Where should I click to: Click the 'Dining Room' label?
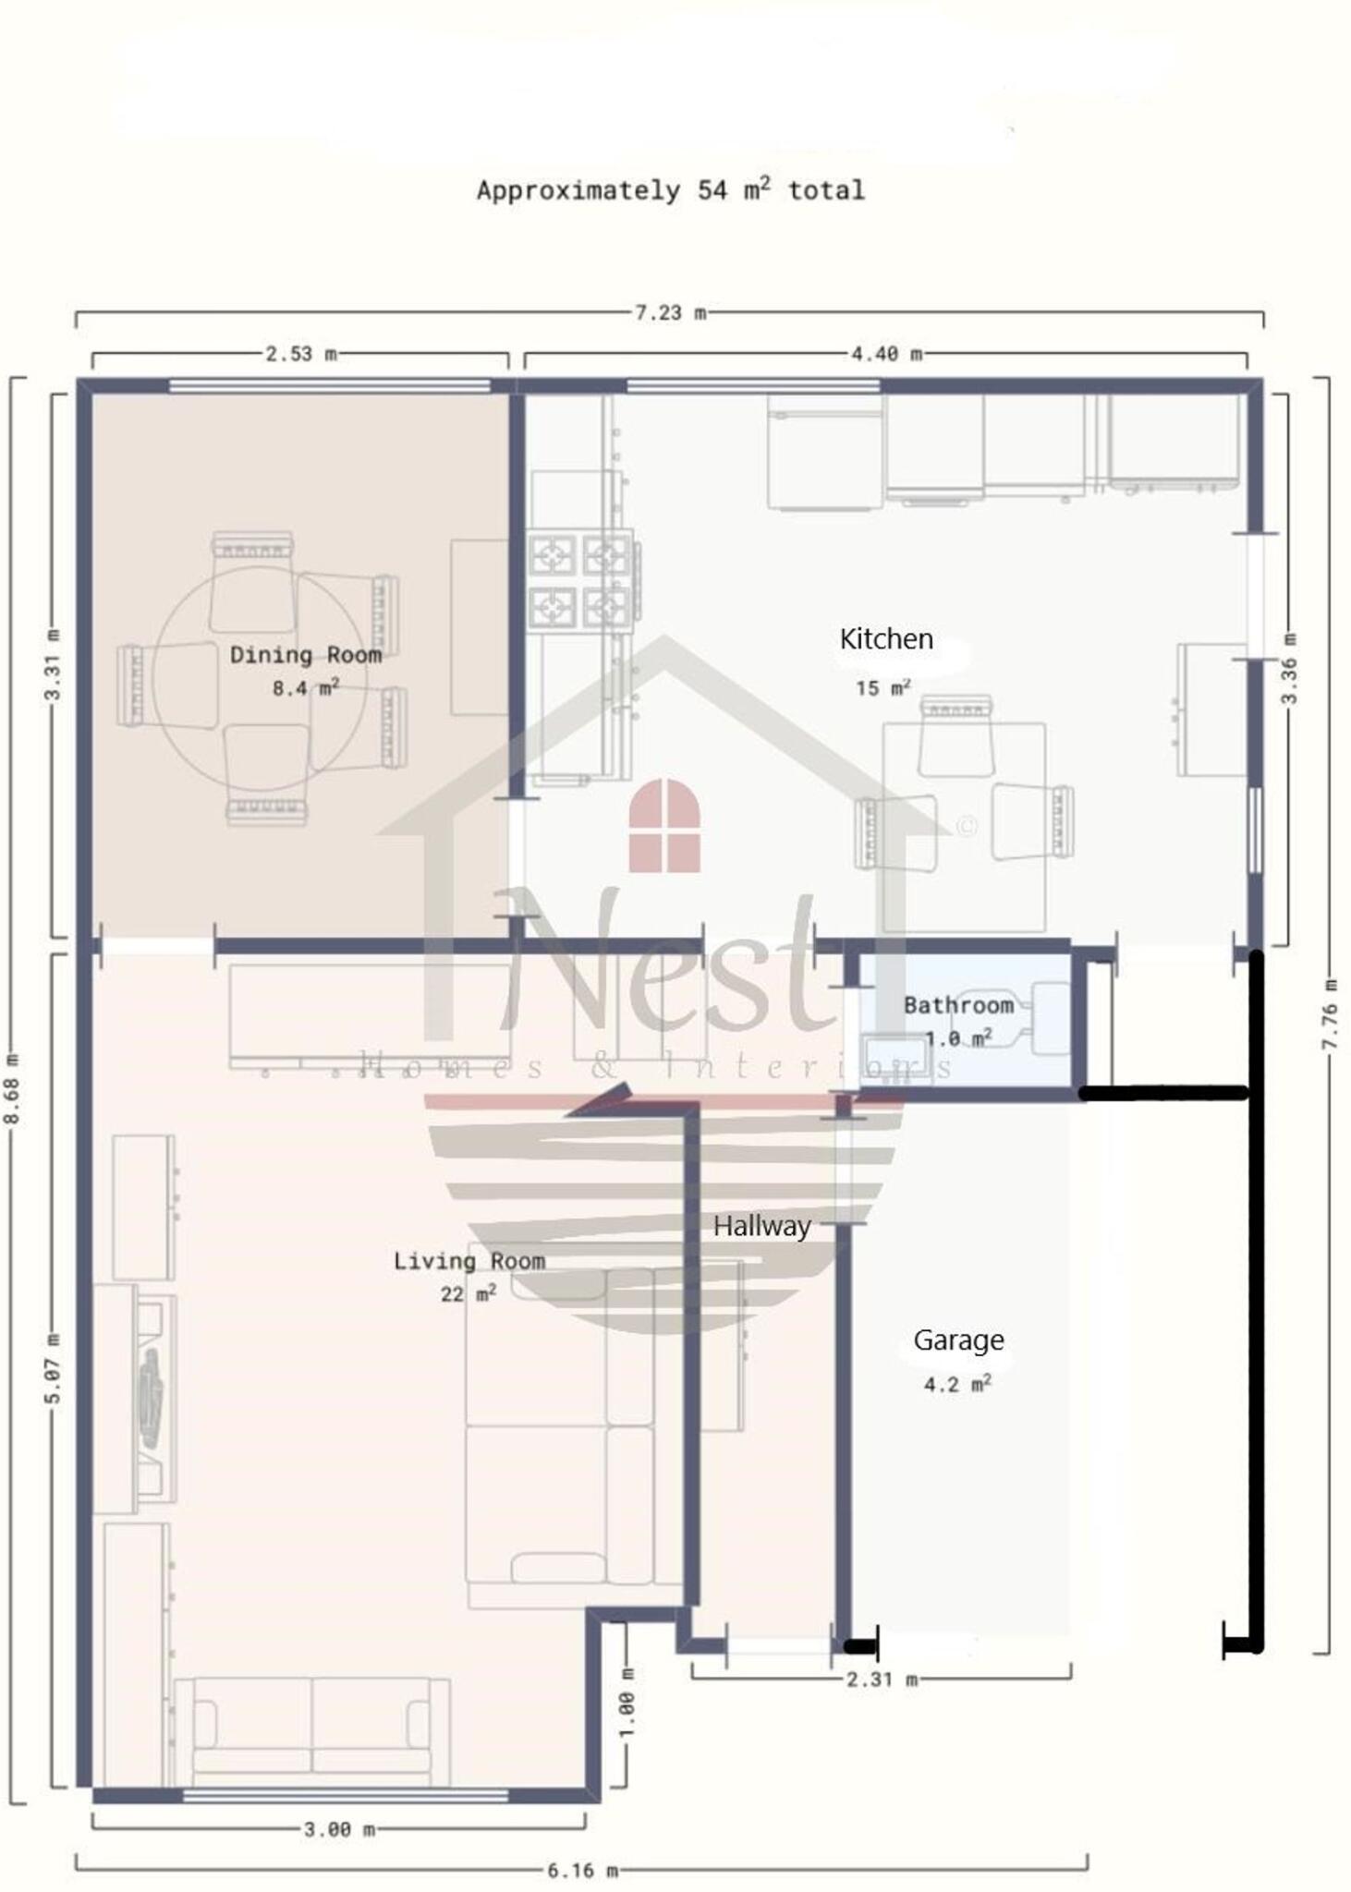[306, 655]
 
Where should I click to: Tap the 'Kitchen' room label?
[886, 638]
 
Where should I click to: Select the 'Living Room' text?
[469, 1261]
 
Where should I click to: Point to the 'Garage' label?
[958, 1340]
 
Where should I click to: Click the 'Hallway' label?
[762, 1226]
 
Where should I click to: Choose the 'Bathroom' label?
[958, 1005]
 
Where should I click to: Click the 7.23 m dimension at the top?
[671, 313]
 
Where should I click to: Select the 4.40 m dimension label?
[887, 354]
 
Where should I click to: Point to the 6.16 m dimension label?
[583, 1871]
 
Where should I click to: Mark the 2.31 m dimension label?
[882, 1680]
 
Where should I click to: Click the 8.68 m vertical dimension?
[13, 1090]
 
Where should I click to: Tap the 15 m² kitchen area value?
[882, 687]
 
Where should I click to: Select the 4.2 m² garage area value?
[957, 1383]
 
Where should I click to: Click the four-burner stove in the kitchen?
[580, 580]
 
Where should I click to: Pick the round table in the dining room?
[260, 679]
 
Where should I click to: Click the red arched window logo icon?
[664, 825]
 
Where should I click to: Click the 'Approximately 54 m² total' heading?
[671, 189]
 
